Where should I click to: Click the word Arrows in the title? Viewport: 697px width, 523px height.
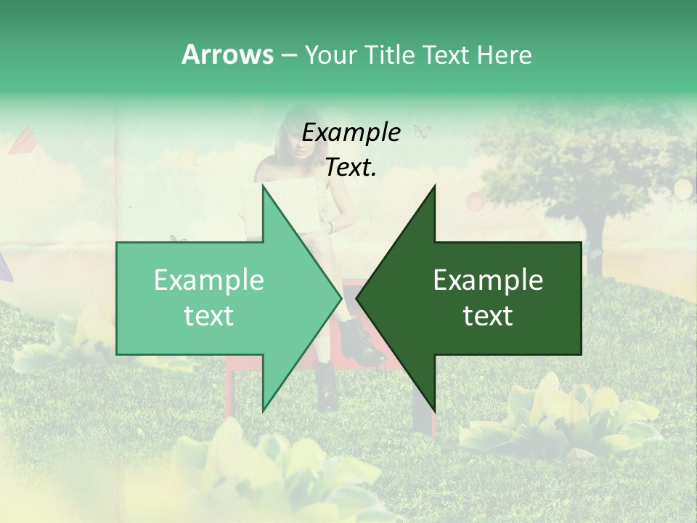[227, 54]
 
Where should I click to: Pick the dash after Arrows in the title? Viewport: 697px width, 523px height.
[288, 55]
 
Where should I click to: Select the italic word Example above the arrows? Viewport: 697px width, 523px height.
[351, 133]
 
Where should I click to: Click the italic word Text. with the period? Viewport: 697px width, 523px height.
[351, 167]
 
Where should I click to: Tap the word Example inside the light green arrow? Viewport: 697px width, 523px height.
[208, 280]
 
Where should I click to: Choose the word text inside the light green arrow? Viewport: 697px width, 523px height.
[208, 316]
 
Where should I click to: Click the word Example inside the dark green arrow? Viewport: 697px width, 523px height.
[488, 280]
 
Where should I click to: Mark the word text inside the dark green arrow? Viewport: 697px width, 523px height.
[488, 316]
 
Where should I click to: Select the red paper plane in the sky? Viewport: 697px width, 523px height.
[23, 142]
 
